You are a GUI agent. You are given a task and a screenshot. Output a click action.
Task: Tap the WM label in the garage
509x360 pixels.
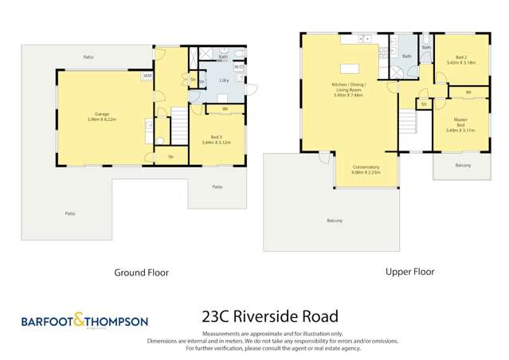point(147,76)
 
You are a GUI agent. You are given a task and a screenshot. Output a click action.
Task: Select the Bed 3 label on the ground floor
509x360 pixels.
point(210,139)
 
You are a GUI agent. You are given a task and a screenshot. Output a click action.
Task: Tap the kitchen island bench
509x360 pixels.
point(347,68)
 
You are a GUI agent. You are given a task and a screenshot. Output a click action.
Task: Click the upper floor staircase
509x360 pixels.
point(407,122)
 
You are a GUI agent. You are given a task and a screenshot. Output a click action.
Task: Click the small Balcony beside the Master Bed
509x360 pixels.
point(463,165)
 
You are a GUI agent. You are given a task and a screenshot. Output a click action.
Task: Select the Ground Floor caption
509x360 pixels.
point(142,272)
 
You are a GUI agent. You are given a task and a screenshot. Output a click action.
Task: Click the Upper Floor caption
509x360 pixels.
point(409,272)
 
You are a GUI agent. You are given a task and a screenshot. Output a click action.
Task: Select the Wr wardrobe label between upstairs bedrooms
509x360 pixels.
point(468,93)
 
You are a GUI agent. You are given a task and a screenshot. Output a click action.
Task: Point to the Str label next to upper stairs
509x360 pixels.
point(424,104)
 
